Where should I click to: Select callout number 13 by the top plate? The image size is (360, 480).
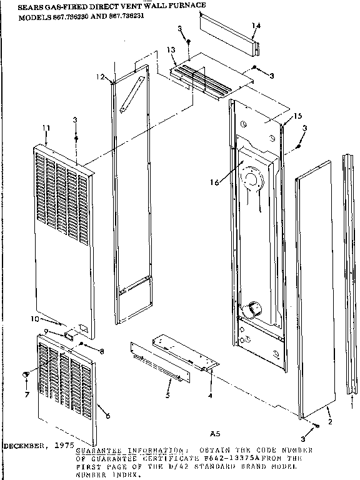pyautogui.click(x=171, y=50)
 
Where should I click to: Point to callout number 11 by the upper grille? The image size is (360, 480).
pyautogui.click(x=45, y=128)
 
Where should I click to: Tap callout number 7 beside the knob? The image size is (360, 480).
pyautogui.click(x=27, y=395)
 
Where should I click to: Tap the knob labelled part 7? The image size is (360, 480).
pyautogui.click(x=27, y=373)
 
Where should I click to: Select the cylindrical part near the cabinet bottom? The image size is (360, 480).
pyautogui.click(x=253, y=308)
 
